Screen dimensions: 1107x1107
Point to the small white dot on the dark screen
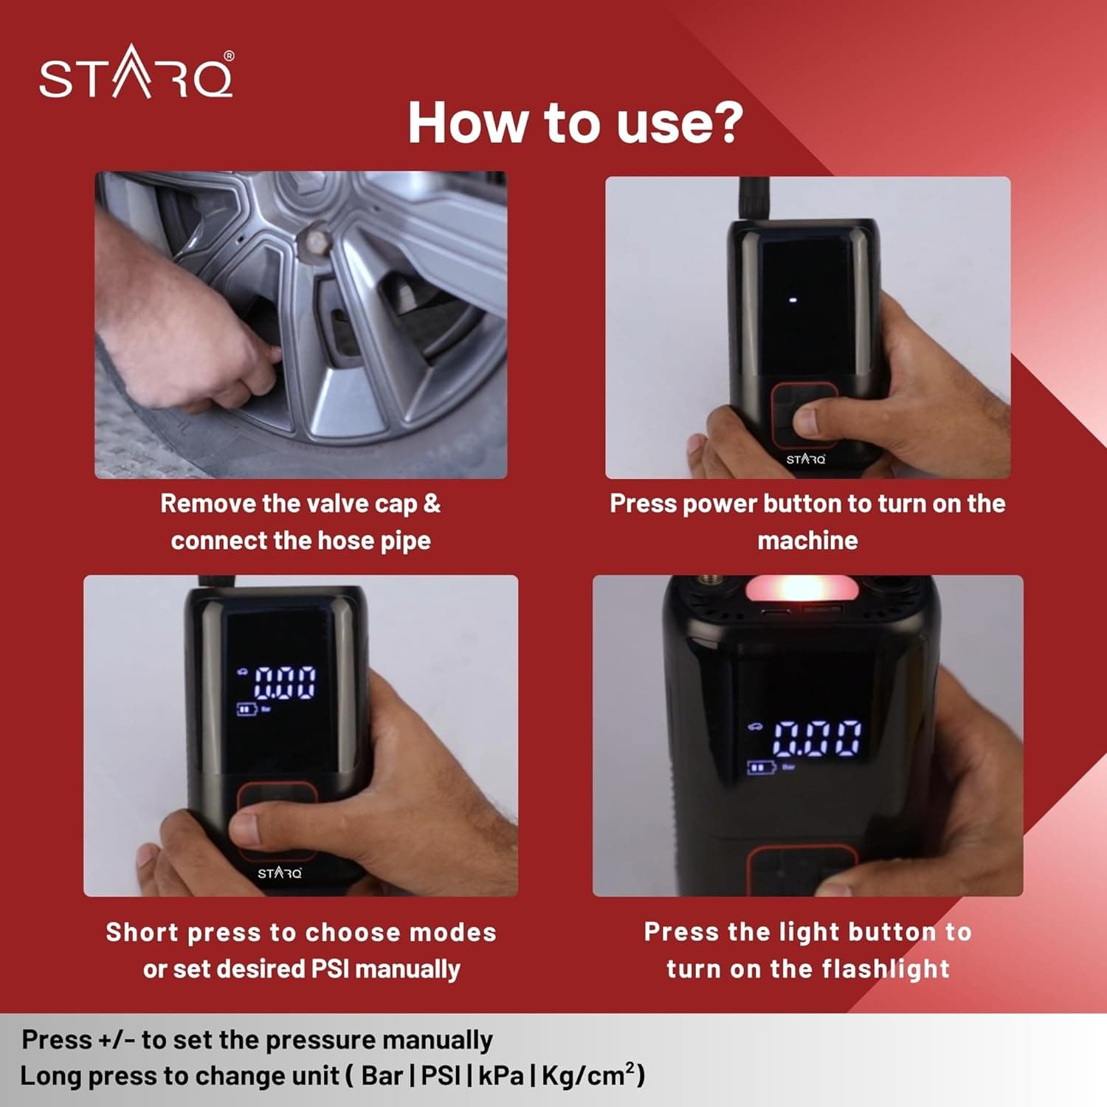793,301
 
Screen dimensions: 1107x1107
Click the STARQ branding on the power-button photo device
806,459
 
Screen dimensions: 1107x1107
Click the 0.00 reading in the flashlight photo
817,737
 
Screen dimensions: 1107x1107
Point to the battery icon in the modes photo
246,710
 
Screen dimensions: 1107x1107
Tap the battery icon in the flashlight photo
761,768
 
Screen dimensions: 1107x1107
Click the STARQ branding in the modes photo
280,873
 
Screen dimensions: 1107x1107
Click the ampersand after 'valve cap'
432,503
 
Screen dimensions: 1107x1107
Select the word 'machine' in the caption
807,540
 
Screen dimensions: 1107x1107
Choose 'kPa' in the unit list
501,1076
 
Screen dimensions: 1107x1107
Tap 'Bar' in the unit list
382,1076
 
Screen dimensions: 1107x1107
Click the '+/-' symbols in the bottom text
115,1040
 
